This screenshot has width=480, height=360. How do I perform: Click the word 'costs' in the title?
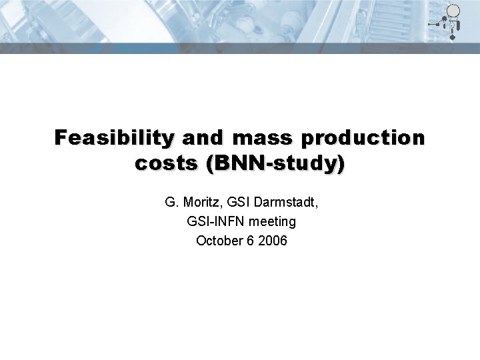[x=167, y=163]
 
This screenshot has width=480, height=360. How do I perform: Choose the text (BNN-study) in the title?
[x=275, y=163]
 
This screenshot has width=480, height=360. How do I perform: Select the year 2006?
[x=272, y=241]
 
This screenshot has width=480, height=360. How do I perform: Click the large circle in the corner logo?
[x=453, y=11]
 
